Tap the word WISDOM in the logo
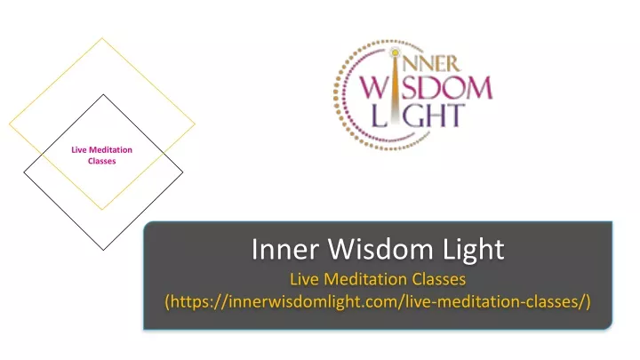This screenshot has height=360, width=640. tap(426, 88)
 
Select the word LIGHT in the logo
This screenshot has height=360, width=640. tap(418, 115)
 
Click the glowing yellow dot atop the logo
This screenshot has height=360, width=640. tap(395, 52)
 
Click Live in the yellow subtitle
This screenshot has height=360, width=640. tap(304, 279)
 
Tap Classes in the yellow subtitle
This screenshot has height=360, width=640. tap(439, 279)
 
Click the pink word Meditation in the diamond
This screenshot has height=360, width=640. tap(110, 150)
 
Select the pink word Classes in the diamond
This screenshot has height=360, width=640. tap(101, 161)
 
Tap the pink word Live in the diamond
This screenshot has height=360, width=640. tap(79, 150)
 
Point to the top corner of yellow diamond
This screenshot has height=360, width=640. tap(102, 38)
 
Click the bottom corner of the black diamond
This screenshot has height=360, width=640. tap(103, 250)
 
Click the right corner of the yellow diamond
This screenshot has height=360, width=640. tap(195, 124)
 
